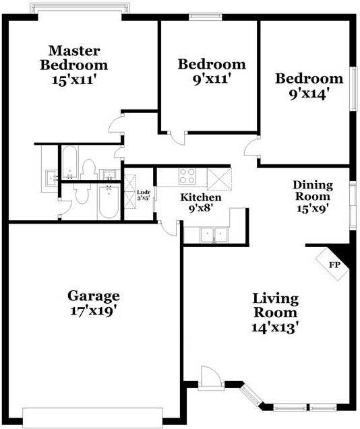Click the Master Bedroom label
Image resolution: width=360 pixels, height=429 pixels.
[74, 58]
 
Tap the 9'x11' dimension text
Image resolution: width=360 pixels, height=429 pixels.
[211, 79]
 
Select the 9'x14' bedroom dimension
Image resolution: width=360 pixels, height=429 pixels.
[309, 94]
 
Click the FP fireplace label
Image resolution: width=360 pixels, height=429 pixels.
[334, 265]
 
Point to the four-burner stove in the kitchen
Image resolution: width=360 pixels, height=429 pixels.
[187, 176]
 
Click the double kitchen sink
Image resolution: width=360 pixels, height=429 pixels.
[214, 235]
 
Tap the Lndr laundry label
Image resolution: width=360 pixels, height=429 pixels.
[144, 193]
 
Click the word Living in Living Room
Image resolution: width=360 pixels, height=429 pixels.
[275, 298]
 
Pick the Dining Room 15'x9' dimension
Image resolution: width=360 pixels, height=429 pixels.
[313, 209]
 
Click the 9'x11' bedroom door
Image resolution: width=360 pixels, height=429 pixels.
[177, 138]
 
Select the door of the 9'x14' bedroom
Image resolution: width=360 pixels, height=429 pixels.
[251, 146]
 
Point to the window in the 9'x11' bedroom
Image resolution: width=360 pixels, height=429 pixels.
[206, 17]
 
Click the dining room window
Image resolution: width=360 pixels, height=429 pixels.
[353, 204]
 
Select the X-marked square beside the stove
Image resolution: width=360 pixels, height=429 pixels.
[220, 179]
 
